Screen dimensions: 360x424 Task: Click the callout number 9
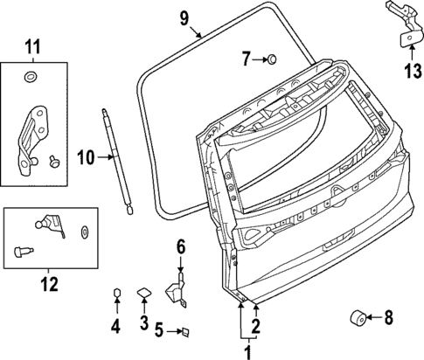click(184, 17)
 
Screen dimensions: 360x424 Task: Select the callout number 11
click(32, 45)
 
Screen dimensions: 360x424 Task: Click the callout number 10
click(85, 157)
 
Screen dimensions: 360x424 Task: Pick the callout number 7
click(247, 59)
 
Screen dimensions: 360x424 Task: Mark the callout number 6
click(181, 248)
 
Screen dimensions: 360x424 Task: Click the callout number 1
click(246, 352)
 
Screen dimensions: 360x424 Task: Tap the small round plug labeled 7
click(272, 59)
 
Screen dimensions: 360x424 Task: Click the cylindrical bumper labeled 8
click(358, 316)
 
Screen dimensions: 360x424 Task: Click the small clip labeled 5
click(184, 331)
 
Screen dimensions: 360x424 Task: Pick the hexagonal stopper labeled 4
click(116, 292)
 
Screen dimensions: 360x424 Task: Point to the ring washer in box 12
click(85, 232)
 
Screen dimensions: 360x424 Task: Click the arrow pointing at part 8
click(372, 316)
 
